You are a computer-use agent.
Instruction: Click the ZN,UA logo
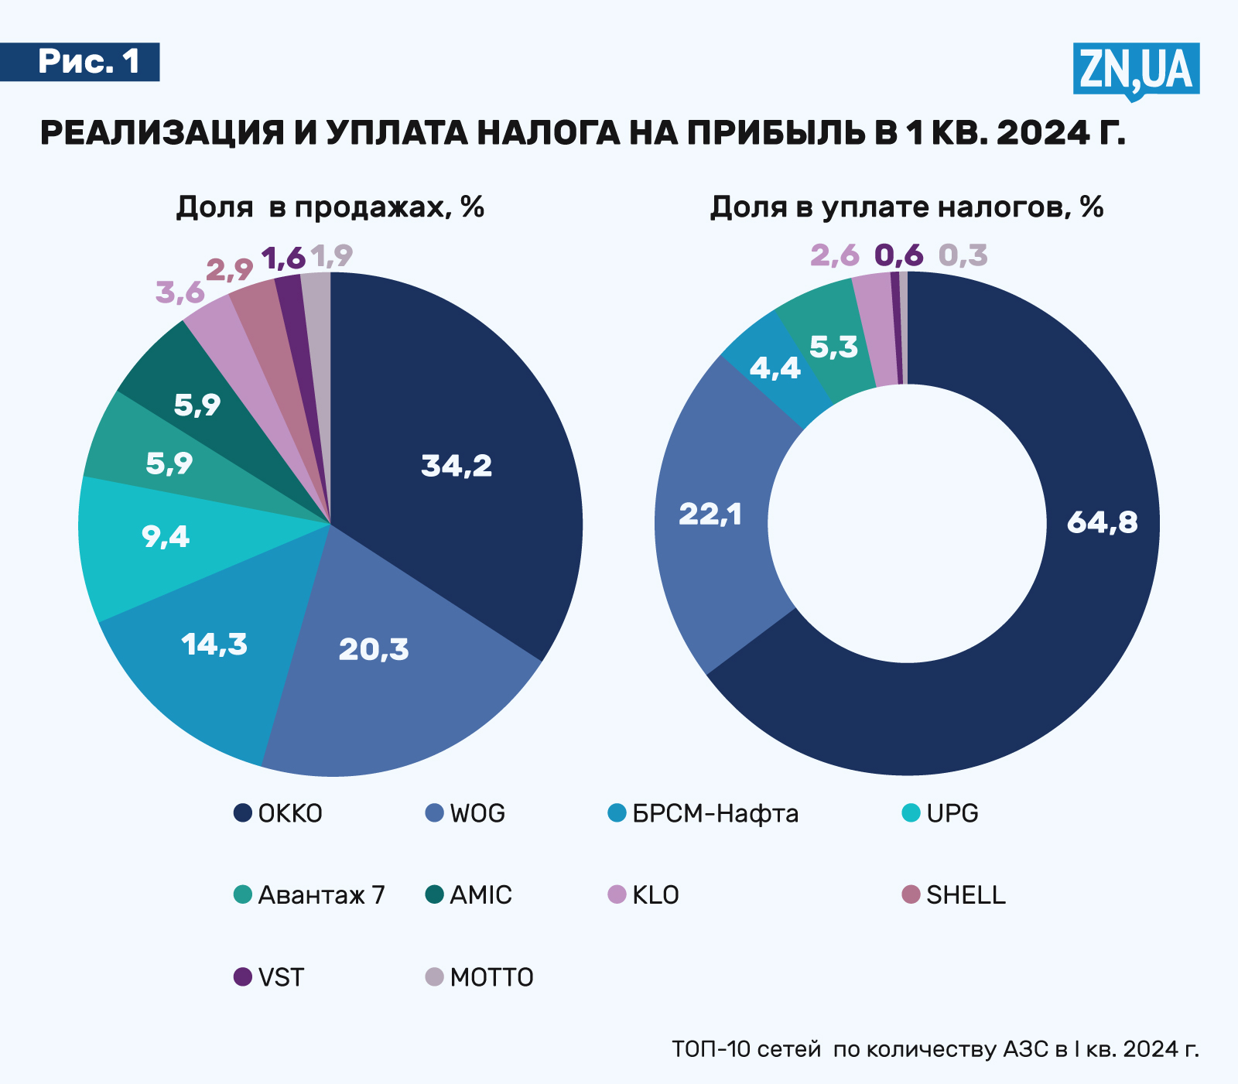(1136, 70)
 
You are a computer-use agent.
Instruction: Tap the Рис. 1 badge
(88, 62)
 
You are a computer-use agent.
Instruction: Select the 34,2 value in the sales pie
(457, 466)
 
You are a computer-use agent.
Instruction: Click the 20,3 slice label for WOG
(374, 649)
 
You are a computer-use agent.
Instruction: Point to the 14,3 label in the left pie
(214, 644)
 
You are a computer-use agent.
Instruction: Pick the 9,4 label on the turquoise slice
(166, 536)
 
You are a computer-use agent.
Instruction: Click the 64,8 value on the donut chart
(1102, 523)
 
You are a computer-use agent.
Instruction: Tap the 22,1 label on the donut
(710, 514)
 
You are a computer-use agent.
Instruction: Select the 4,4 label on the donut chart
(775, 368)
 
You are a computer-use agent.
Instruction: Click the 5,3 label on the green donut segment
(833, 347)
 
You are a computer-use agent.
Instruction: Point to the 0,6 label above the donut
(899, 255)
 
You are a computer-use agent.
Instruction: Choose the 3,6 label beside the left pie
(180, 293)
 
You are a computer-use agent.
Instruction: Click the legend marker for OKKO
(243, 813)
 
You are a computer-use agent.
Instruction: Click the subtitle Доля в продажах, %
(330, 207)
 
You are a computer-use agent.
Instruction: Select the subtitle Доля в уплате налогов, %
(907, 207)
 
